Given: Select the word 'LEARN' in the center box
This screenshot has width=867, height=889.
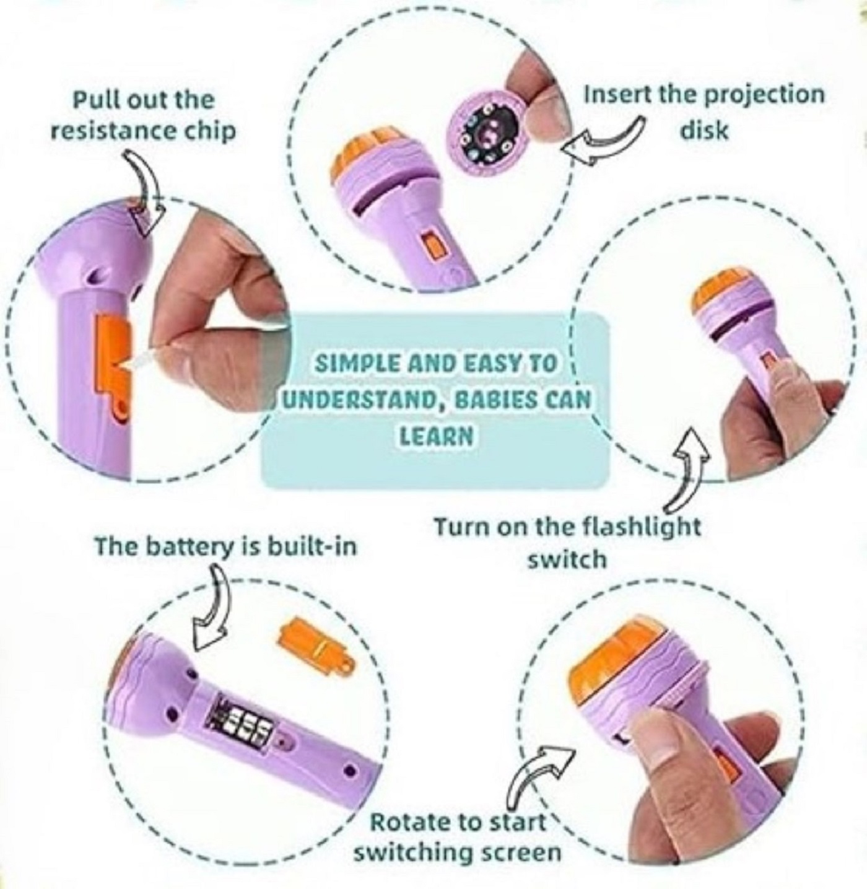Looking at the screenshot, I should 435,436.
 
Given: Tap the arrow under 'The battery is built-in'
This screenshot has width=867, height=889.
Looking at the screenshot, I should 214,610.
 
